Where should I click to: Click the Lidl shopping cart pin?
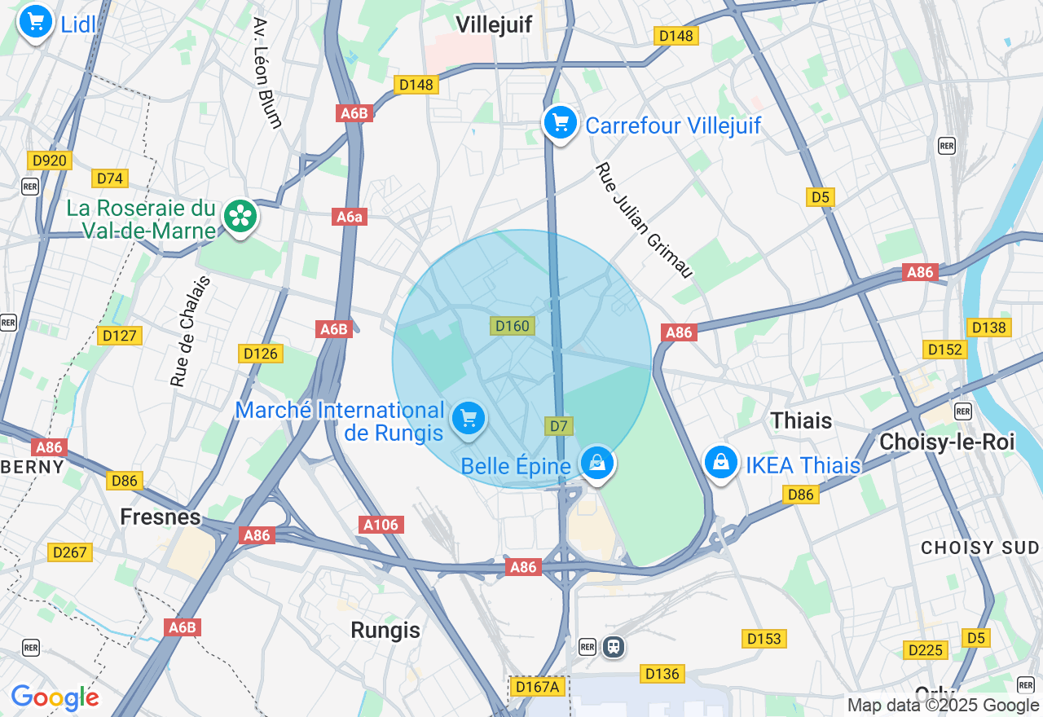coord(35,22)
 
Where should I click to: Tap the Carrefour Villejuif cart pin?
coord(560,124)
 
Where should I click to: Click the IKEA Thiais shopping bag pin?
coord(721,463)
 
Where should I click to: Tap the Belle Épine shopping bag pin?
coord(597,463)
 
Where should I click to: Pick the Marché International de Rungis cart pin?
coord(468,420)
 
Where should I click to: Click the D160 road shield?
coord(513,326)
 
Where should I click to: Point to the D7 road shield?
coord(559,426)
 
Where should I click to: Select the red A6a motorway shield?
coord(350,217)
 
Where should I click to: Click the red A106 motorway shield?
coord(381,525)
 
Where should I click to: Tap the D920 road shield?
coord(49,161)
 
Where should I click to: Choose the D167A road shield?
coord(536,687)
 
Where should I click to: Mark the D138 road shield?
coord(988,328)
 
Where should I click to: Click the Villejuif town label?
coord(494,24)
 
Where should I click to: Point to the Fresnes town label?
coord(161,517)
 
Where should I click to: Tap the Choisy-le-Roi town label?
coord(947,442)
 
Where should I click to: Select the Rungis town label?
coord(385,630)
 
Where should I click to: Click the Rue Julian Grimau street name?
coord(644,220)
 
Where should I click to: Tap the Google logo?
coord(55,697)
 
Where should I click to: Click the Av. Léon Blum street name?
coord(267,73)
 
